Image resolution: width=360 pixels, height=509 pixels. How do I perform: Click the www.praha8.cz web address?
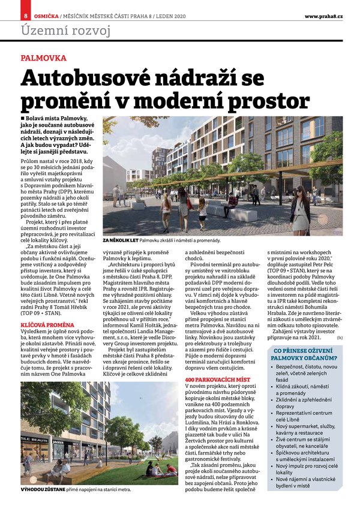(323, 15)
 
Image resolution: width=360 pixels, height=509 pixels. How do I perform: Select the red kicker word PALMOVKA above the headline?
(43, 59)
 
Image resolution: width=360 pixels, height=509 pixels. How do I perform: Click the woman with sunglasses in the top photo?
(299, 208)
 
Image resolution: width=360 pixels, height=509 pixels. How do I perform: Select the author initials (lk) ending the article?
(340, 339)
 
